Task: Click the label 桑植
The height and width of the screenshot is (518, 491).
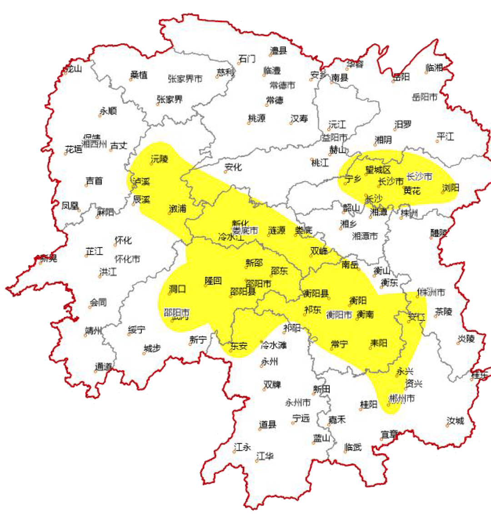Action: click(139, 75)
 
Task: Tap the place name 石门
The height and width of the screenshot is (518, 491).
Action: click(247, 59)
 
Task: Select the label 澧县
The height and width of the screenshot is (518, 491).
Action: click(279, 51)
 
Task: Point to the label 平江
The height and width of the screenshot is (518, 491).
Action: click(445, 136)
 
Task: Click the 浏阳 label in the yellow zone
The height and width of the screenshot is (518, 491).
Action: click(451, 187)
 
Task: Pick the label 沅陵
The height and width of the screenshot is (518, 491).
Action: click(160, 159)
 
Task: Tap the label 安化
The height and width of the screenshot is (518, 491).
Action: click(233, 167)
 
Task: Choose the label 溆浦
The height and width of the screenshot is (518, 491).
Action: click(177, 208)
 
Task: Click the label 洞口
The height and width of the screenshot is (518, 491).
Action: click(177, 289)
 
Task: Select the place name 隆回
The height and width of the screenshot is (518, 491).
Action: click(213, 280)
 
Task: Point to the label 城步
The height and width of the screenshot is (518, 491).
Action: click(152, 348)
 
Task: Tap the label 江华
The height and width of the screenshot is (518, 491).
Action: click(265, 456)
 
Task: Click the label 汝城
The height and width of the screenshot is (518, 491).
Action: click(455, 421)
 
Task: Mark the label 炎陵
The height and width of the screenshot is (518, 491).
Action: click(466, 339)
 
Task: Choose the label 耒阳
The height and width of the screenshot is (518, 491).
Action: click(378, 343)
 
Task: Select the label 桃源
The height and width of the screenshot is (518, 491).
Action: click(257, 118)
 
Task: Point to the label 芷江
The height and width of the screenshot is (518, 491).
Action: click(94, 251)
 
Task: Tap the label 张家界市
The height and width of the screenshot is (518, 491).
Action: click(185, 79)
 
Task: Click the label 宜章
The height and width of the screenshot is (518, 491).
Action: click(389, 435)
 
